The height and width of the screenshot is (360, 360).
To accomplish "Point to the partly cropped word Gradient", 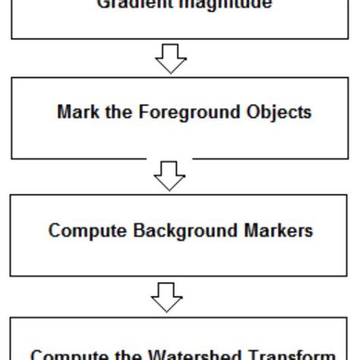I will tap(134, 4).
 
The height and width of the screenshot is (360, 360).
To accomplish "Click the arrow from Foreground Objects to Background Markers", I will tap(169, 177).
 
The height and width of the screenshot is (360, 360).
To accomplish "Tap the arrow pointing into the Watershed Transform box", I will tap(168, 296).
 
